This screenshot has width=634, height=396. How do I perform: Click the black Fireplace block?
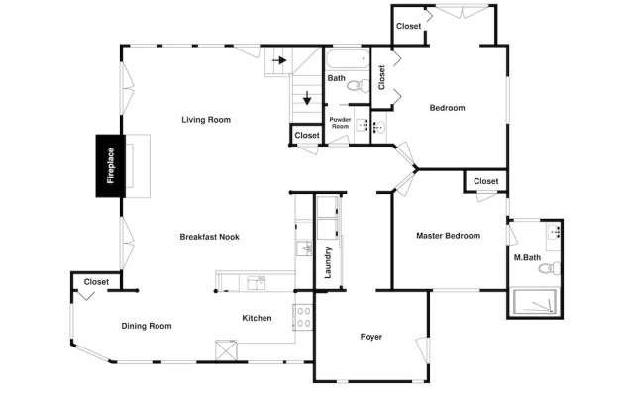tap(110, 165)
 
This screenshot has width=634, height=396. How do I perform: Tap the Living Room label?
tap(206, 120)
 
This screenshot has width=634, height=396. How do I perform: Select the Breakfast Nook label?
tap(209, 237)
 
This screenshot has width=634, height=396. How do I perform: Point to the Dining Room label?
tap(147, 326)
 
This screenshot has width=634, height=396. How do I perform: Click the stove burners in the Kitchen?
tap(304, 317)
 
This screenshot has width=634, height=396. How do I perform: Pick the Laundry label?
tap(328, 262)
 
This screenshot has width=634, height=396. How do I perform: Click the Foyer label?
tap(371, 337)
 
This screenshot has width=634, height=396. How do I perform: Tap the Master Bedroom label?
tap(449, 236)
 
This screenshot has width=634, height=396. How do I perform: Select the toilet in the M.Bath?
tap(551, 268)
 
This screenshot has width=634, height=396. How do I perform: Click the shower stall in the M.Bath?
tap(535, 302)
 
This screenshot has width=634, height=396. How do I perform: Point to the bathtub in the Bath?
tap(348, 59)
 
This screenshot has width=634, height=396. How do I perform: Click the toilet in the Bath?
tap(359, 86)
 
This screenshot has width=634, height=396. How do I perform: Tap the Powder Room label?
tap(340, 123)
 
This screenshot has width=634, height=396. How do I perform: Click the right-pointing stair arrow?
tap(279, 60)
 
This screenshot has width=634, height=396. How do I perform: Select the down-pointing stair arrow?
tap(307, 98)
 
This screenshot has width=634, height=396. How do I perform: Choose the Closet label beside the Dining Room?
tap(96, 282)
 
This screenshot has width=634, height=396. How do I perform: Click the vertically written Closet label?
tap(381, 77)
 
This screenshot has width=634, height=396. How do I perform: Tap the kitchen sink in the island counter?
tap(257, 283)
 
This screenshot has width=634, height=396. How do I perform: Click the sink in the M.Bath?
tap(554, 232)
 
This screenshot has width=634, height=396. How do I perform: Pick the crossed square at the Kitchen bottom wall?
tap(226, 350)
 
